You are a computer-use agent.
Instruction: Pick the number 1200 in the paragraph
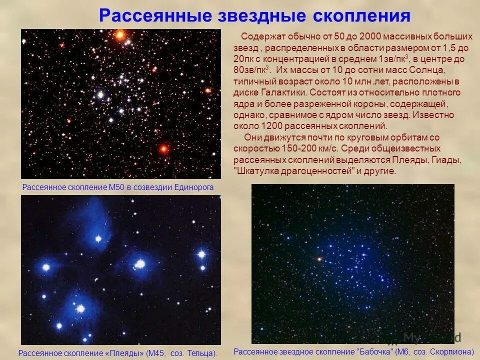pos(266,126)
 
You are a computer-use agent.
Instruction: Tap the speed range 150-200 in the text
pos(295,149)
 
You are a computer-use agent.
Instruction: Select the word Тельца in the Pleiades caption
pos(202,353)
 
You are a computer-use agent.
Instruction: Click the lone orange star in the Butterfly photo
pos(318,259)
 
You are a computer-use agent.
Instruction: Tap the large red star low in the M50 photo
pos(163,148)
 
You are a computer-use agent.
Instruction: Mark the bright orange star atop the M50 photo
pos(120,35)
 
